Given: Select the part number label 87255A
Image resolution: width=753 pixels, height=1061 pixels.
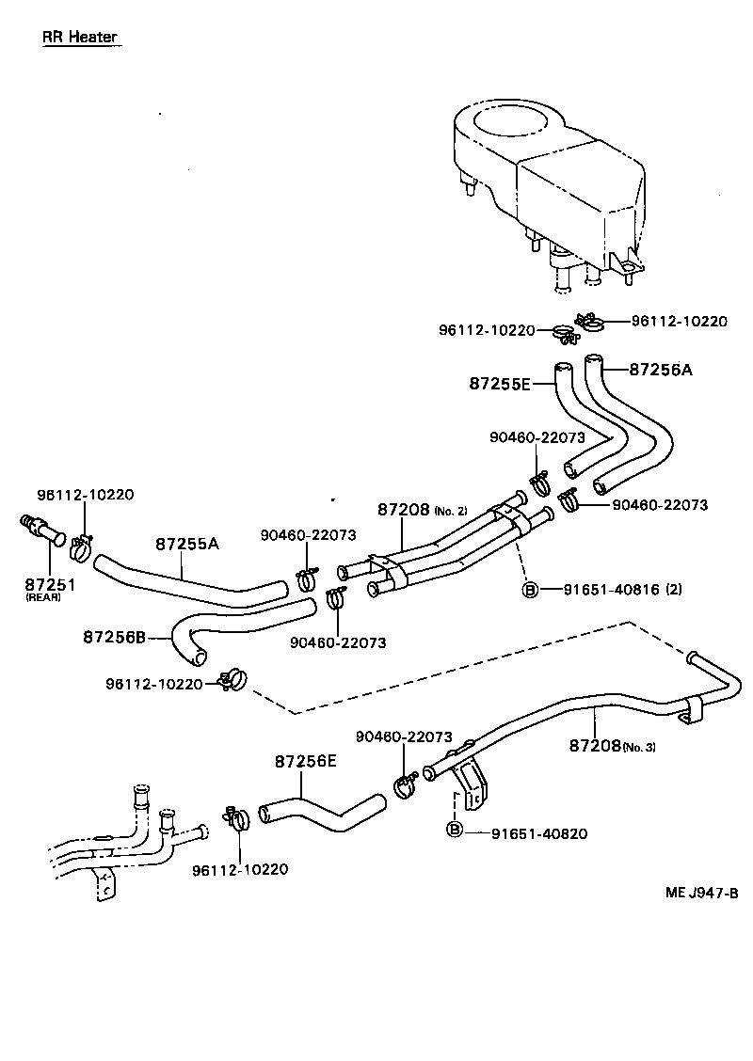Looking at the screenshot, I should click(x=186, y=544).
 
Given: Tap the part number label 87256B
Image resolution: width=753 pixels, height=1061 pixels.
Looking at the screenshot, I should click(x=114, y=637).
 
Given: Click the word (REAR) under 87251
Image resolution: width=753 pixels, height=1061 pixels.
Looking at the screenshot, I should click(x=43, y=598).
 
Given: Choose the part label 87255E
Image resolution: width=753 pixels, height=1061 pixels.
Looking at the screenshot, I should click(x=500, y=383).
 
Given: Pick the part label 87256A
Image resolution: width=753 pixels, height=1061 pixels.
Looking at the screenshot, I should click(x=660, y=370).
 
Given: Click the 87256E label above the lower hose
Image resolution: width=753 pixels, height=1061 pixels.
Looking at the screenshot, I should click(x=305, y=761).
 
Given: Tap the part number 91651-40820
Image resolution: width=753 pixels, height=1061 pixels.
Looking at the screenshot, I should click(x=536, y=831).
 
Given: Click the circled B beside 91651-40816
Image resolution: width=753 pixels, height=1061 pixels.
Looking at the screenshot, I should click(x=530, y=590).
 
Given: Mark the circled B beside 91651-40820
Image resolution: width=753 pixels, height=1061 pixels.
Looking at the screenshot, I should click(x=454, y=830).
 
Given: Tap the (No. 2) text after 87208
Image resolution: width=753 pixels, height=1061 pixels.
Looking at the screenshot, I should click(x=450, y=511).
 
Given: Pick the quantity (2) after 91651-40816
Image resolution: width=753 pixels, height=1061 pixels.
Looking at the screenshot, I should click(x=673, y=590).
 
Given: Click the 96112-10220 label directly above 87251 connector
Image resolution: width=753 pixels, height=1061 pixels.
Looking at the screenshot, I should click(x=86, y=495).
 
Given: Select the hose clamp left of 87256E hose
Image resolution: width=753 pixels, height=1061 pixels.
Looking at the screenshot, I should click(x=235, y=816).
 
